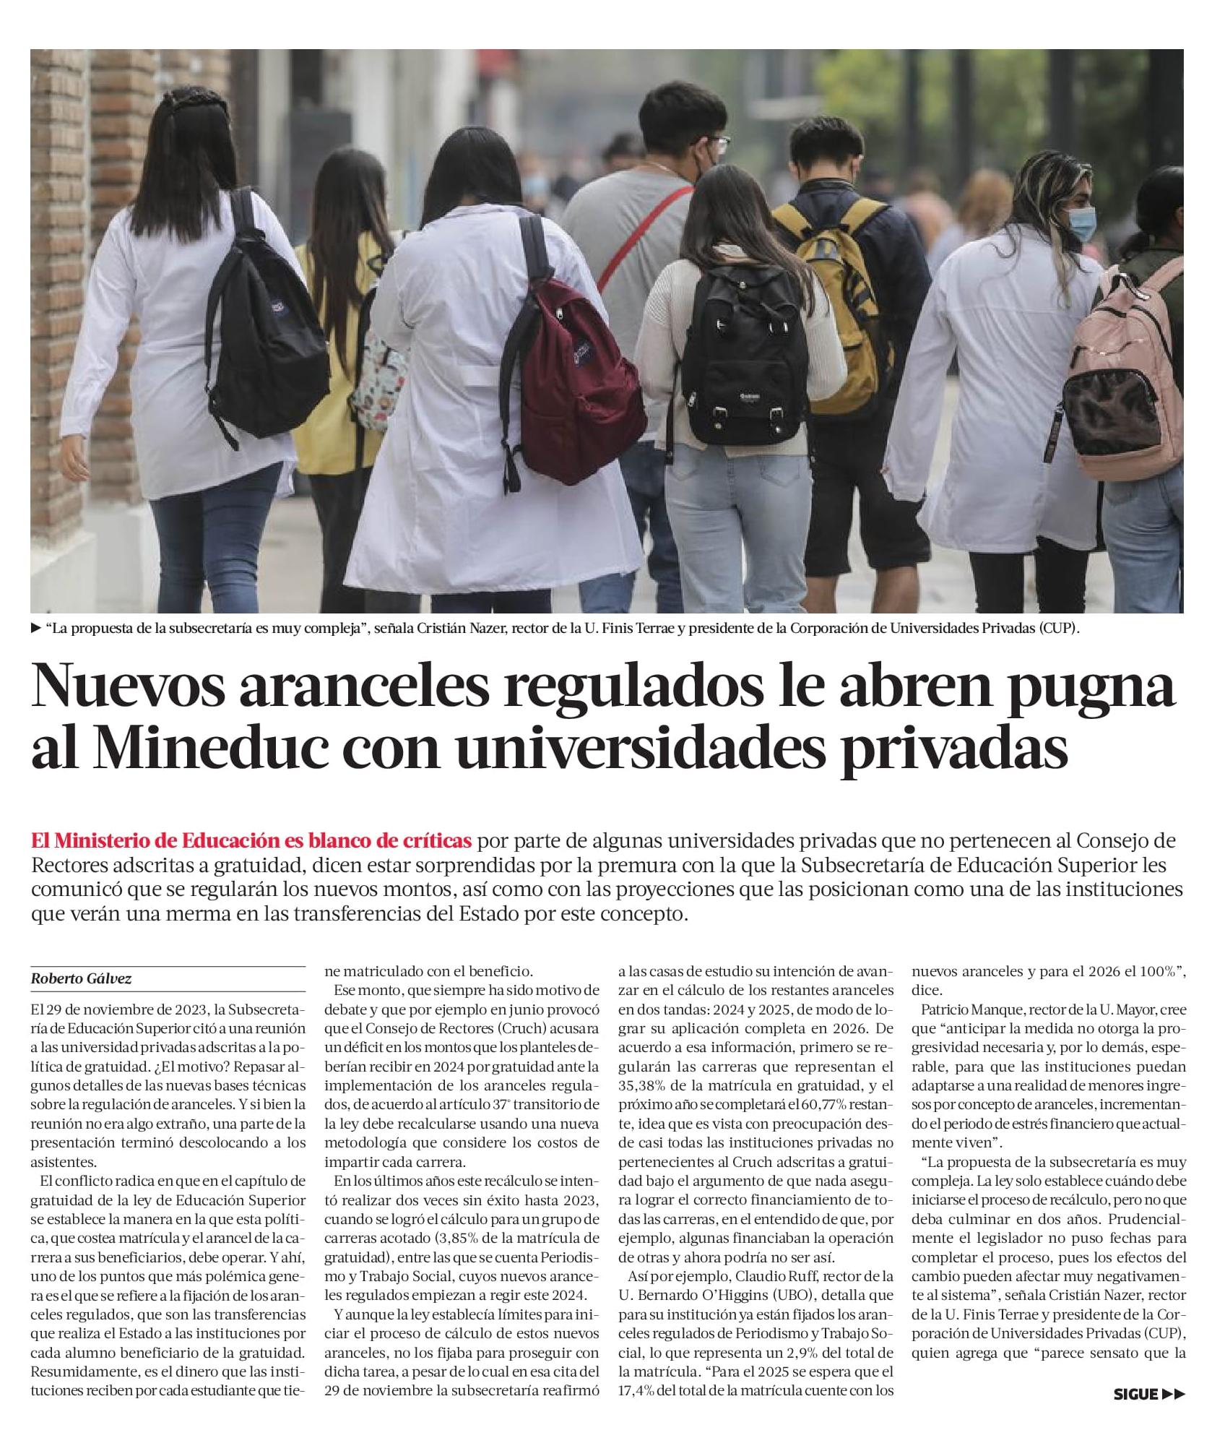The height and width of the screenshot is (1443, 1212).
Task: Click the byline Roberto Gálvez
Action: click(81, 979)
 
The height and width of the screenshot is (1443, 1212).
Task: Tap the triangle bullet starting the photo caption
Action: click(36, 629)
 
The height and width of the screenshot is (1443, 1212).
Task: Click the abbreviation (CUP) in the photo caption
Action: click(1059, 629)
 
